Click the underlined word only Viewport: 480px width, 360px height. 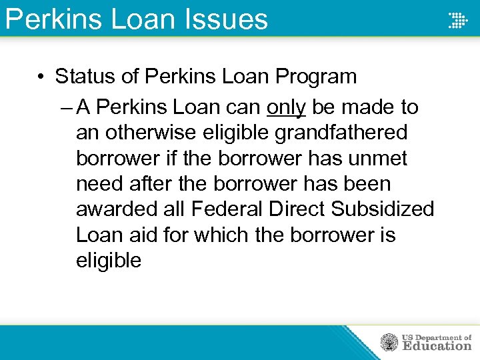[x=286, y=107]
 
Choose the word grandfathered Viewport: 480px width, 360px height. [x=341, y=133]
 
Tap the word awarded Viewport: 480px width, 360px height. [x=117, y=209]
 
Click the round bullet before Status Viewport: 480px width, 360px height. [x=41, y=77]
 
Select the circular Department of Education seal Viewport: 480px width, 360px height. [x=389, y=343]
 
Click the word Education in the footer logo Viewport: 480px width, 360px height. [x=437, y=346]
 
